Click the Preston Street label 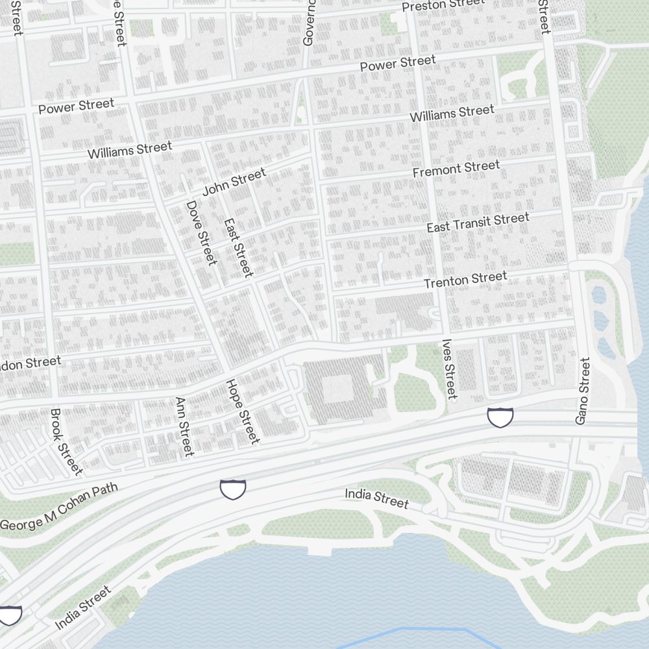(x=443, y=5)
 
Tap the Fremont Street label (x=456, y=169)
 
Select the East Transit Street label (x=478, y=223)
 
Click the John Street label (x=234, y=182)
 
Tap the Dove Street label (x=201, y=232)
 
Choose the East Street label (x=238, y=247)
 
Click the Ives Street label (x=448, y=369)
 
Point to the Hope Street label (x=243, y=411)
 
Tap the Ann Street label (x=184, y=426)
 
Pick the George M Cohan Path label (x=59, y=507)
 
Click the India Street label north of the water (x=376, y=498)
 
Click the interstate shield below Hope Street (x=233, y=489)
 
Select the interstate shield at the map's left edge (x=10, y=615)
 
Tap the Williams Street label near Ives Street (x=452, y=114)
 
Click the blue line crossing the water (x=415, y=630)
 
